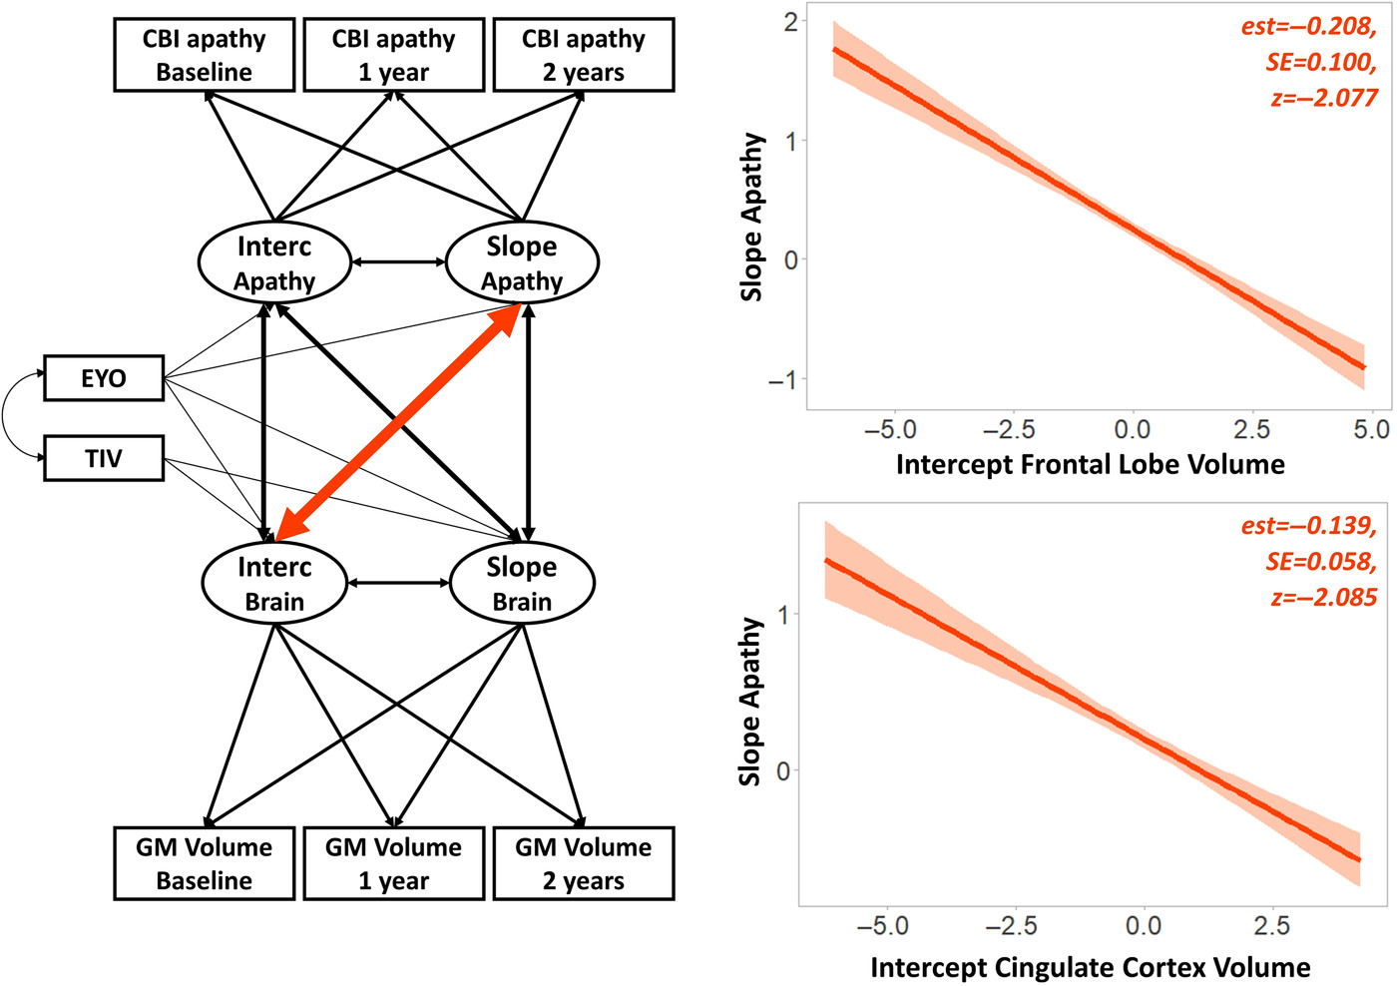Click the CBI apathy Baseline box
click(x=204, y=55)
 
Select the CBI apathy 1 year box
click(x=393, y=55)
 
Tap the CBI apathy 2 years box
click(x=584, y=55)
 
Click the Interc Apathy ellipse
click(x=274, y=262)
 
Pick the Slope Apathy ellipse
click(x=522, y=262)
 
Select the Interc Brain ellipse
click(x=274, y=583)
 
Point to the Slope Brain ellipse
click(x=522, y=583)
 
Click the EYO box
click(x=104, y=378)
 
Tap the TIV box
click(x=104, y=458)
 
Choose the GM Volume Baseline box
click(x=204, y=864)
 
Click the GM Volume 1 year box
click(x=393, y=864)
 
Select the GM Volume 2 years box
click(x=584, y=864)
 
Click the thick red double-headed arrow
click(x=398, y=422)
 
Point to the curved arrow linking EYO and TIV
click(x=3, y=416)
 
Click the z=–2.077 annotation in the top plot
click(x=1324, y=98)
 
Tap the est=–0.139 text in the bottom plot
click(x=1309, y=526)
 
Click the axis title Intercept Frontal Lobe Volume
click(x=1090, y=465)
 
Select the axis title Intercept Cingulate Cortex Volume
click(x=1090, y=967)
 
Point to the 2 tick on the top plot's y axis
click(x=790, y=22)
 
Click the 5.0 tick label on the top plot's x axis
click(x=1371, y=429)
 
